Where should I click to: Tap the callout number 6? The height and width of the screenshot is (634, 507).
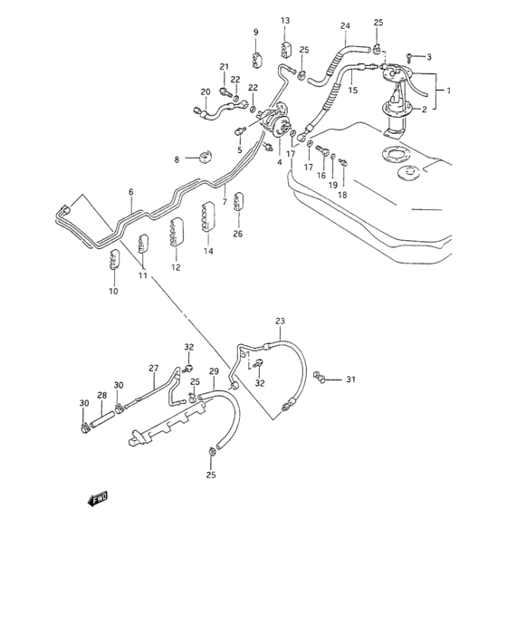(130, 192)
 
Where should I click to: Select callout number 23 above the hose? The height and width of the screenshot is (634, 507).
(280, 322)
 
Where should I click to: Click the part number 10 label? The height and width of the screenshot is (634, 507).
(113, 291)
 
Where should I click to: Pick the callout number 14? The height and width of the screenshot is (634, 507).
(208, 251)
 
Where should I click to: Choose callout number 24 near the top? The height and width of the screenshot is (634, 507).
(344, 25)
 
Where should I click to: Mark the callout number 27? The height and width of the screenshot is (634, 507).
(153, 367)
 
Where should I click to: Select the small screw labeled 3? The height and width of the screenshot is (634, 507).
(409, 56)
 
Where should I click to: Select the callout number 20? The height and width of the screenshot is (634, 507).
(205, 91)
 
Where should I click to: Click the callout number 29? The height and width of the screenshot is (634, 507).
(215, 371)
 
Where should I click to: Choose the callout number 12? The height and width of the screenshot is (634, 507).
(176, 267)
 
